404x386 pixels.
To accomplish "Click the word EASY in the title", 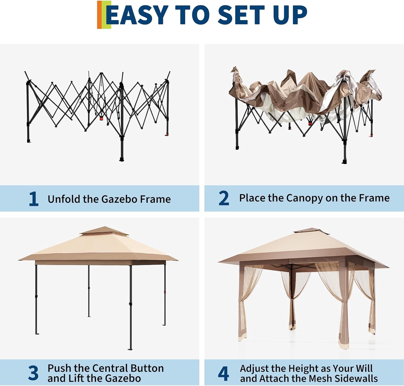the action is pos(137,15).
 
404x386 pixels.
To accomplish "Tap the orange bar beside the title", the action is pos(99,15).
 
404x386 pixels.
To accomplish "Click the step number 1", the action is pos(34,199).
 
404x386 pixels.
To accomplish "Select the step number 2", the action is pos(224,198).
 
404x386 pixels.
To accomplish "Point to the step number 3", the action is pos(33,373).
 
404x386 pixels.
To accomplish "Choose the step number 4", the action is pos(224,373).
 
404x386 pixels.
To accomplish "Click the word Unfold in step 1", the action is pos(64,199).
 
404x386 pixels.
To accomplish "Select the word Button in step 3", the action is pos(147,368).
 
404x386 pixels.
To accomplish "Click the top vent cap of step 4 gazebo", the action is pos(311,231).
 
